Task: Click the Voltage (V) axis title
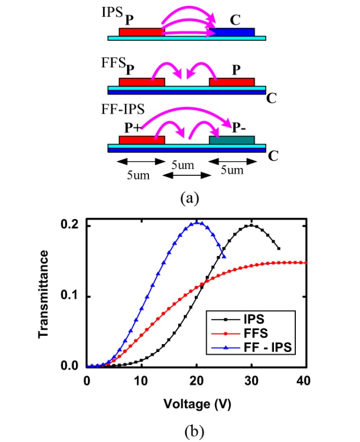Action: (x=197, y=404)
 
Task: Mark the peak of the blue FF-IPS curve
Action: (x=197, y=222)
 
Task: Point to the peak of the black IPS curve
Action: (x=252, y=225)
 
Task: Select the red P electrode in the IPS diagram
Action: (x=142, y=32)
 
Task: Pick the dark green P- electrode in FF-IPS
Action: (x=232, y=140)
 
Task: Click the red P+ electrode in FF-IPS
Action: (x=142, y=140)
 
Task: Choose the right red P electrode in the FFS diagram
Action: (x=232, y=82)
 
